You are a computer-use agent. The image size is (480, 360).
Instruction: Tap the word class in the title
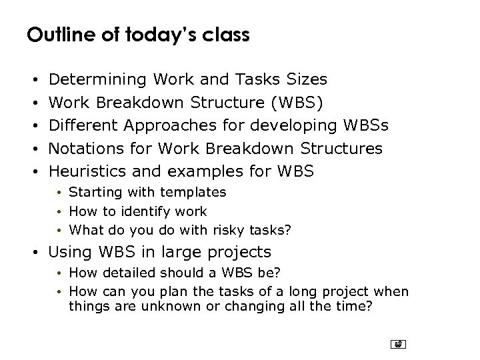[225, 35]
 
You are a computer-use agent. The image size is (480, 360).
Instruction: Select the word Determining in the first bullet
[98, 80]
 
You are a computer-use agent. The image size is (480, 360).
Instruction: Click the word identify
[139, 211]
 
